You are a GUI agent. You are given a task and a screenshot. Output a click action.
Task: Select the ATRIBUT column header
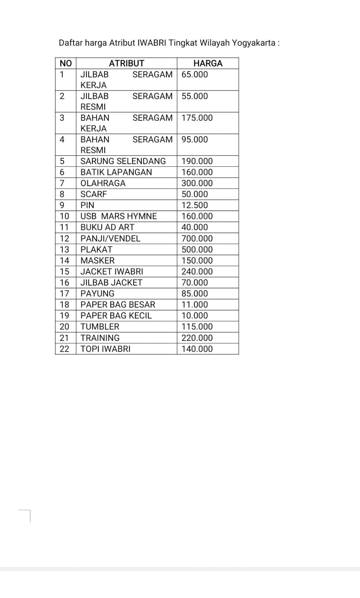(126, 63)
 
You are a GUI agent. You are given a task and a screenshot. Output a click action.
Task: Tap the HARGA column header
(208, 63)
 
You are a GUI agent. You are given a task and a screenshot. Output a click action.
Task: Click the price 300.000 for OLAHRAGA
(197, 183)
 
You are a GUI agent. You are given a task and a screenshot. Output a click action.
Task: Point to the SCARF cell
(93, 194)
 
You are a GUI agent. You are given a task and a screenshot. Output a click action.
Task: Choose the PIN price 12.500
(195, 205)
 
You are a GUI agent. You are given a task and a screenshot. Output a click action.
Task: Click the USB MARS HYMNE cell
(119, 216)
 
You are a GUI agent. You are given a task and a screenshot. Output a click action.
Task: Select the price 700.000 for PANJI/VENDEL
(197, 238)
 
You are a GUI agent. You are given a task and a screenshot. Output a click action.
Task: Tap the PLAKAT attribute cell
(96, 249)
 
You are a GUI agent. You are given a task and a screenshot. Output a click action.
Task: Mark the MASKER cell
(98, 261)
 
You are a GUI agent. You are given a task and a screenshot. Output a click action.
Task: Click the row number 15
(65, 271)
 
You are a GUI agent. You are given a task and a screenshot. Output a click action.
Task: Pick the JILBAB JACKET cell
(111, 283)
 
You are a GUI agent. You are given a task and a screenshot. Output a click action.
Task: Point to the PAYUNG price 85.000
(195, 293)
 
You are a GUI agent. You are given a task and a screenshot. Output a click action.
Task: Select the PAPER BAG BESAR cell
(118, 305)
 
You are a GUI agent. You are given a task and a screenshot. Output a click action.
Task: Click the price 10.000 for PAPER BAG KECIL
(195, 315)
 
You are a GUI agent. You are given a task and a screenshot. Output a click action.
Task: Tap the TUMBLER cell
(100, 327)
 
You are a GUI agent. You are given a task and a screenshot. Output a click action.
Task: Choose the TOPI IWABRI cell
(105, 349)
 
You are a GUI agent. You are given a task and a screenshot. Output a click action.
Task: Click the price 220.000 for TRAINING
(197, 338)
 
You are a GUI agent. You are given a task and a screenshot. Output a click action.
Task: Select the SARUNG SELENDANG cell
(123, 161)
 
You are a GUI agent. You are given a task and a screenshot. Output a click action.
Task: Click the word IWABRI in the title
(152, 43)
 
